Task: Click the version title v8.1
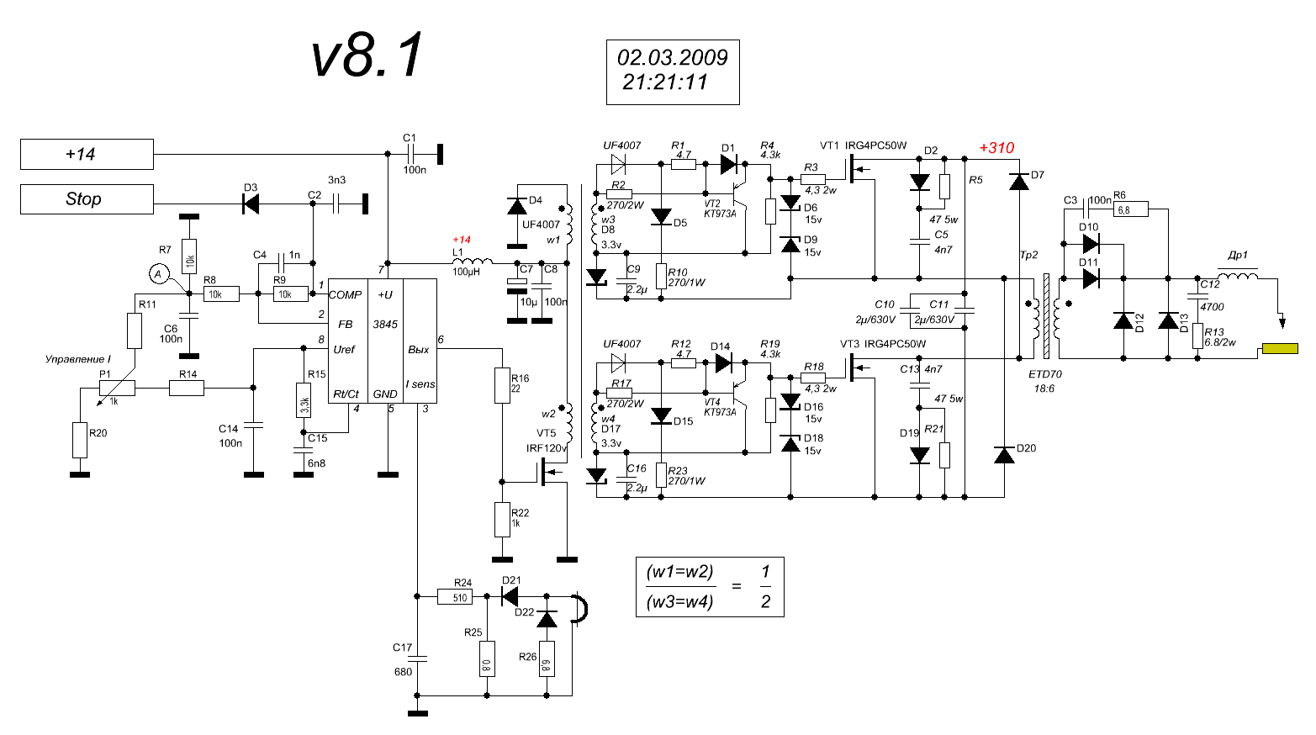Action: pos(367,56)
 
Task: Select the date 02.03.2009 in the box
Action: pos(672,57)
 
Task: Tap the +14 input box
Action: pos(87,155)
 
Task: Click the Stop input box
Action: pos(87,199)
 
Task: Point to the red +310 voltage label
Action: pos(996,148)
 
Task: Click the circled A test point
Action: pos(157,273)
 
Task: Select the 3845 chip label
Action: pos(385,324)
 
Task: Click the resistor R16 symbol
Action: pos(502,385)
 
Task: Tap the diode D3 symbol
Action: pos(250,203)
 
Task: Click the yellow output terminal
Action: pos(1279,349)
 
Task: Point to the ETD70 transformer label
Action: pos(1045,374)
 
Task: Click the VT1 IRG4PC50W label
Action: pos(864,145)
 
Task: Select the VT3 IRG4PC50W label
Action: pos(883,344)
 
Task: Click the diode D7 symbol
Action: pos(1018,181)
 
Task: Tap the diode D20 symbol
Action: pos(1004,455)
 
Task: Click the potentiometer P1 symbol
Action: pos(116,388)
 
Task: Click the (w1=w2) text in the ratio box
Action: pos(679,572)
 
